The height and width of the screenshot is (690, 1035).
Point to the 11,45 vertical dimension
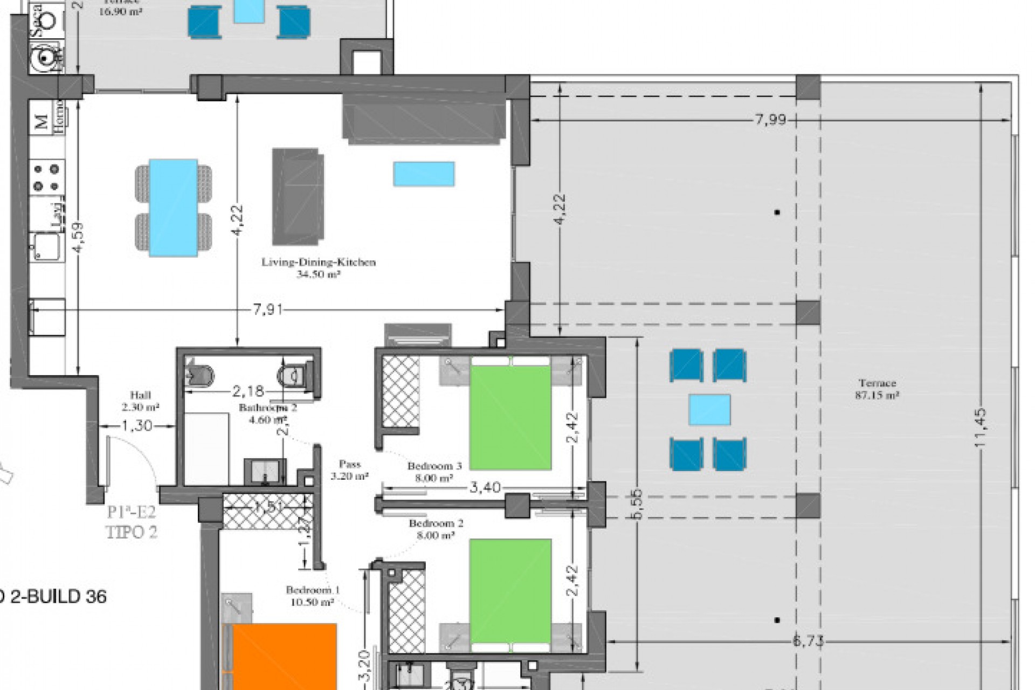[x=980, y=427]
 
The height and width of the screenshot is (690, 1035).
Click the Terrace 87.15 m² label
[x=877, y=389]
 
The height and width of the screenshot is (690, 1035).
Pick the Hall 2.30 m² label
[x=140, y=401]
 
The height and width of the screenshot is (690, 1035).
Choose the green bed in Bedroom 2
[x=510, y=591]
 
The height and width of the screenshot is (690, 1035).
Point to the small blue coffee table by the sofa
[x=424, y=174]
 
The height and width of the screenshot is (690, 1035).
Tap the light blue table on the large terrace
[x=709, y=410]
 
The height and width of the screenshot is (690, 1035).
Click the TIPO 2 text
[x=132, y=533]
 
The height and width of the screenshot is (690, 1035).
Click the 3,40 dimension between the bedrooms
[x=485, y=488]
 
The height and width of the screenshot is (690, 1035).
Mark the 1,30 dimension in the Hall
[x=137, y=426]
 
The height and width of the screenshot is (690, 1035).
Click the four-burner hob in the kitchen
[x=46, y=177]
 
